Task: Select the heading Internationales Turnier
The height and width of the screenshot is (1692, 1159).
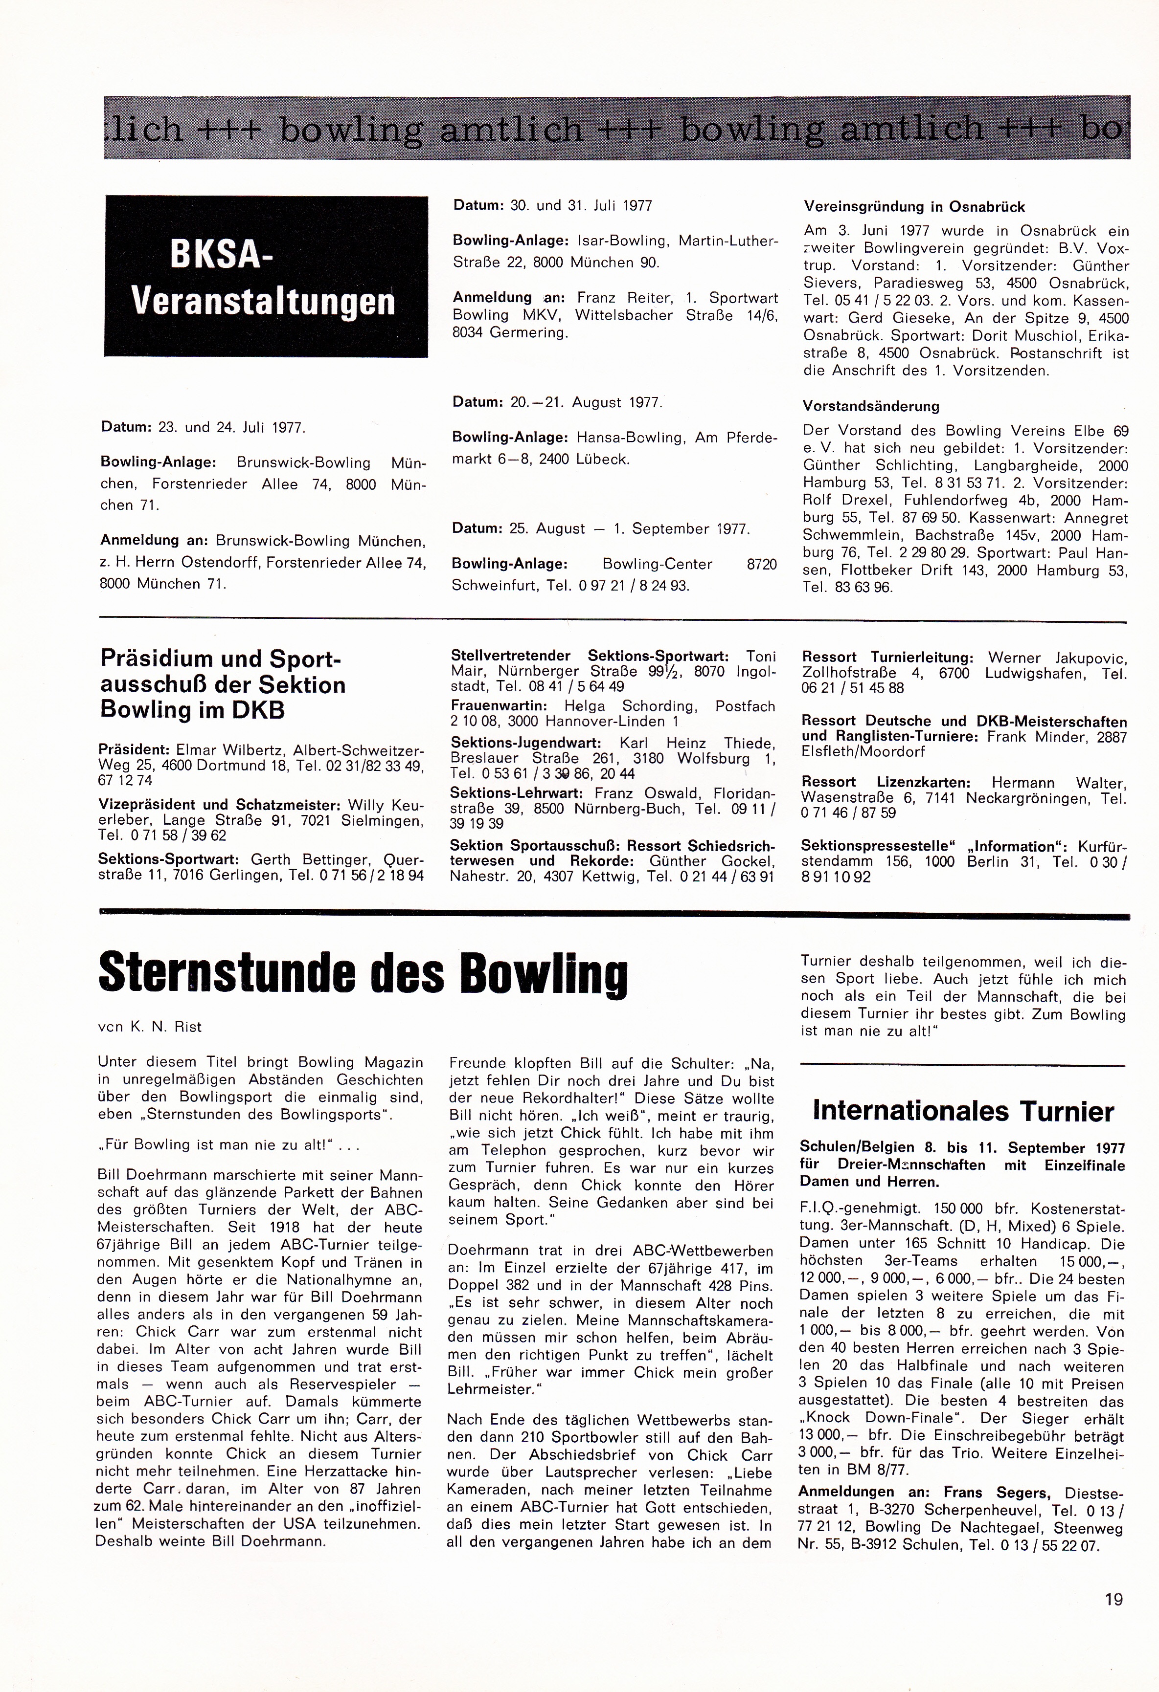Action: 963,1111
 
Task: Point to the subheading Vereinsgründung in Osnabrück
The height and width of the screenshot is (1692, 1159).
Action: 914,207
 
